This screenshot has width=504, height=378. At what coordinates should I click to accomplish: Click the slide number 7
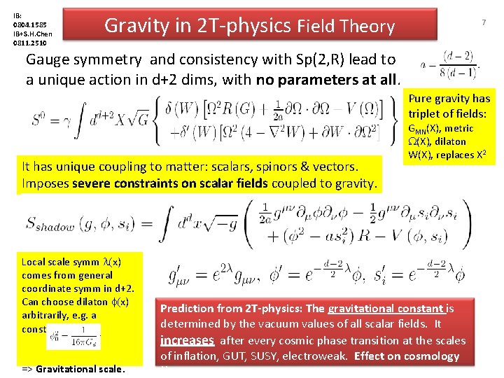pyautogui.click(x=483, y=23)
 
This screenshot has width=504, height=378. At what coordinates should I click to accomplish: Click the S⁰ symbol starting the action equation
pyautogui.click(x=43, y=129)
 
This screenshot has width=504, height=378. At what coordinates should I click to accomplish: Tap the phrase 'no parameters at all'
pyautogui.click(x=328, y=79)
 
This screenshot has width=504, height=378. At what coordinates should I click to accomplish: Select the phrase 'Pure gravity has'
pyautogui.click(x=450, y=98)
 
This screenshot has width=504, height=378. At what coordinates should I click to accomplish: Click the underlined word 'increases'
pyautogui.click(x=187, y=340)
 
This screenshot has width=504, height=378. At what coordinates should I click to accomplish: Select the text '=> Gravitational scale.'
pyautogui.click(x=73, y=369)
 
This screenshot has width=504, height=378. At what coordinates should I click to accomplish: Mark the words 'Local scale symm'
pyautogui.click(x=60, y=262)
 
